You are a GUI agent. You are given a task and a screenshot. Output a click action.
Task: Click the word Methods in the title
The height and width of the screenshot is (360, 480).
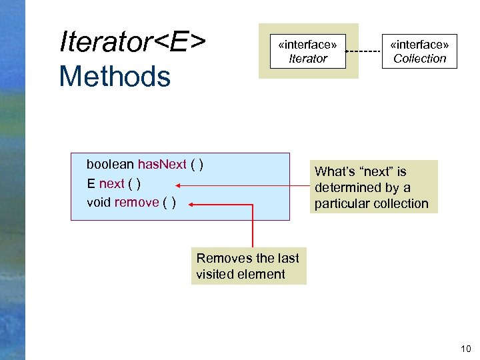115,76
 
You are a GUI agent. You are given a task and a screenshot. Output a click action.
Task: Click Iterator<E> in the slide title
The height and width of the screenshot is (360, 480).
132,41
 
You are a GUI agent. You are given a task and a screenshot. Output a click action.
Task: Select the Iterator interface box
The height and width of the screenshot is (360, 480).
308,51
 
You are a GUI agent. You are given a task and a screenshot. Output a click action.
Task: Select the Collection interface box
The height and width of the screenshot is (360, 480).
419,51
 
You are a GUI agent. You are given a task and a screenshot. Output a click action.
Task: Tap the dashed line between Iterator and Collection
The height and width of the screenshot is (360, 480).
364,51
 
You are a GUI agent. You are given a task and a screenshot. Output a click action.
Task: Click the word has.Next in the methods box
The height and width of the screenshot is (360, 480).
162,165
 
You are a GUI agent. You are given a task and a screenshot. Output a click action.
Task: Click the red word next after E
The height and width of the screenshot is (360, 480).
111,183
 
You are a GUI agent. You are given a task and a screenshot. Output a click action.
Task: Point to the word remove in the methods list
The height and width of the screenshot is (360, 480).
137,202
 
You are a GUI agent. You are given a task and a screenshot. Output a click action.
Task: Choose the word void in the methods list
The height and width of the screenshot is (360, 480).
99,202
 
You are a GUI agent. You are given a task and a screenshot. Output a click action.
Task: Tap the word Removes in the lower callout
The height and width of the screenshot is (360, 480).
222,258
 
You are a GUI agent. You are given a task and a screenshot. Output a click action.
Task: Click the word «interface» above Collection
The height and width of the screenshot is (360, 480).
419,44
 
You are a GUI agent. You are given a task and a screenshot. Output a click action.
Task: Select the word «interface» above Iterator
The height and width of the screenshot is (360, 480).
307,44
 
